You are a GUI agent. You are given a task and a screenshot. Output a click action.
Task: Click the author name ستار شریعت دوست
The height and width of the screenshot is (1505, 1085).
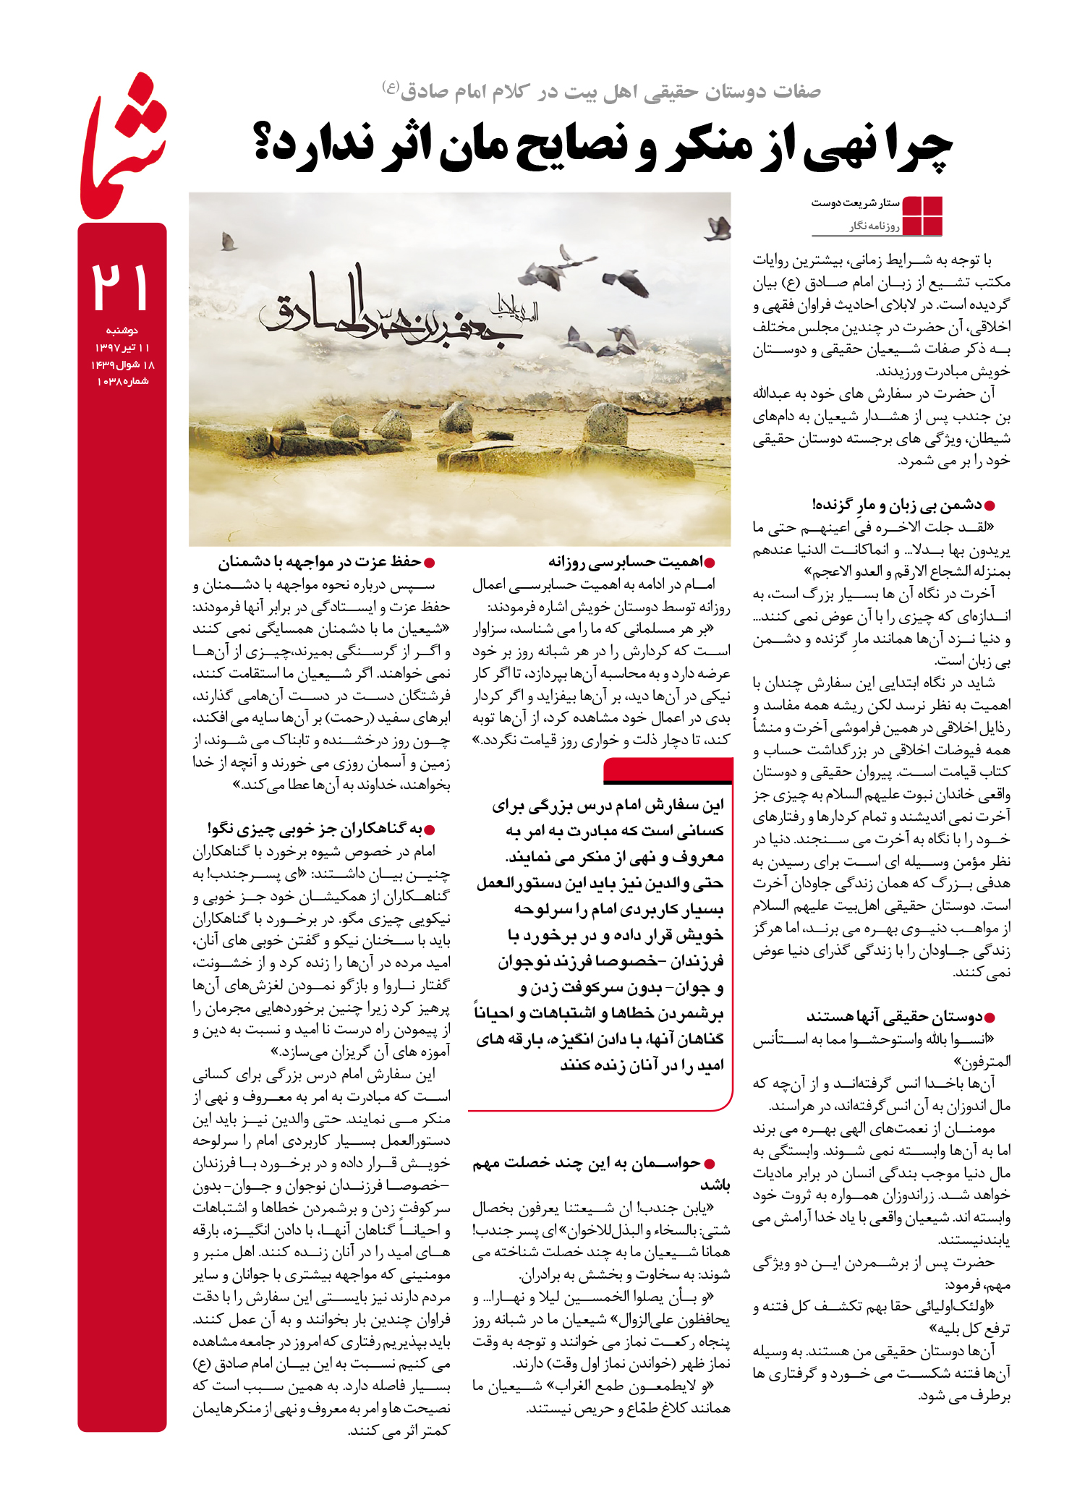(855, 203)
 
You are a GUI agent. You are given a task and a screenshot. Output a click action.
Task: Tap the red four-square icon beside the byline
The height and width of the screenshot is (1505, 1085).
(922, 216)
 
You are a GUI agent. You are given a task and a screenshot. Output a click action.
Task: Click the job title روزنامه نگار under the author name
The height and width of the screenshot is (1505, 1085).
(875, 226)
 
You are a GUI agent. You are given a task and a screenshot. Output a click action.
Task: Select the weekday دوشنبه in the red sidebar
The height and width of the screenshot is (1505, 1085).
(122, 331)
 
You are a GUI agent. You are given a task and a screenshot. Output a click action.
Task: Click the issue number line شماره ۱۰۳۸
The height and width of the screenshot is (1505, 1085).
(122, 381)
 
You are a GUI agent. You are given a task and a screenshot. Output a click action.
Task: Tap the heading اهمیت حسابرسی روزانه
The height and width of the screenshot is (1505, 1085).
(625, 561)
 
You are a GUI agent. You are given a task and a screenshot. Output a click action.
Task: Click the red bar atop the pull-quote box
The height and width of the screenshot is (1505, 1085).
(668, 771)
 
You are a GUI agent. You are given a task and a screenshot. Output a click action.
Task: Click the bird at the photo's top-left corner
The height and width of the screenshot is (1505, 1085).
(229, 241)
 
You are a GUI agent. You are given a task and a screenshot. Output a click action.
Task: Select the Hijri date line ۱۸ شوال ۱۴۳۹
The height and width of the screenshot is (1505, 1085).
(123, 364)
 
